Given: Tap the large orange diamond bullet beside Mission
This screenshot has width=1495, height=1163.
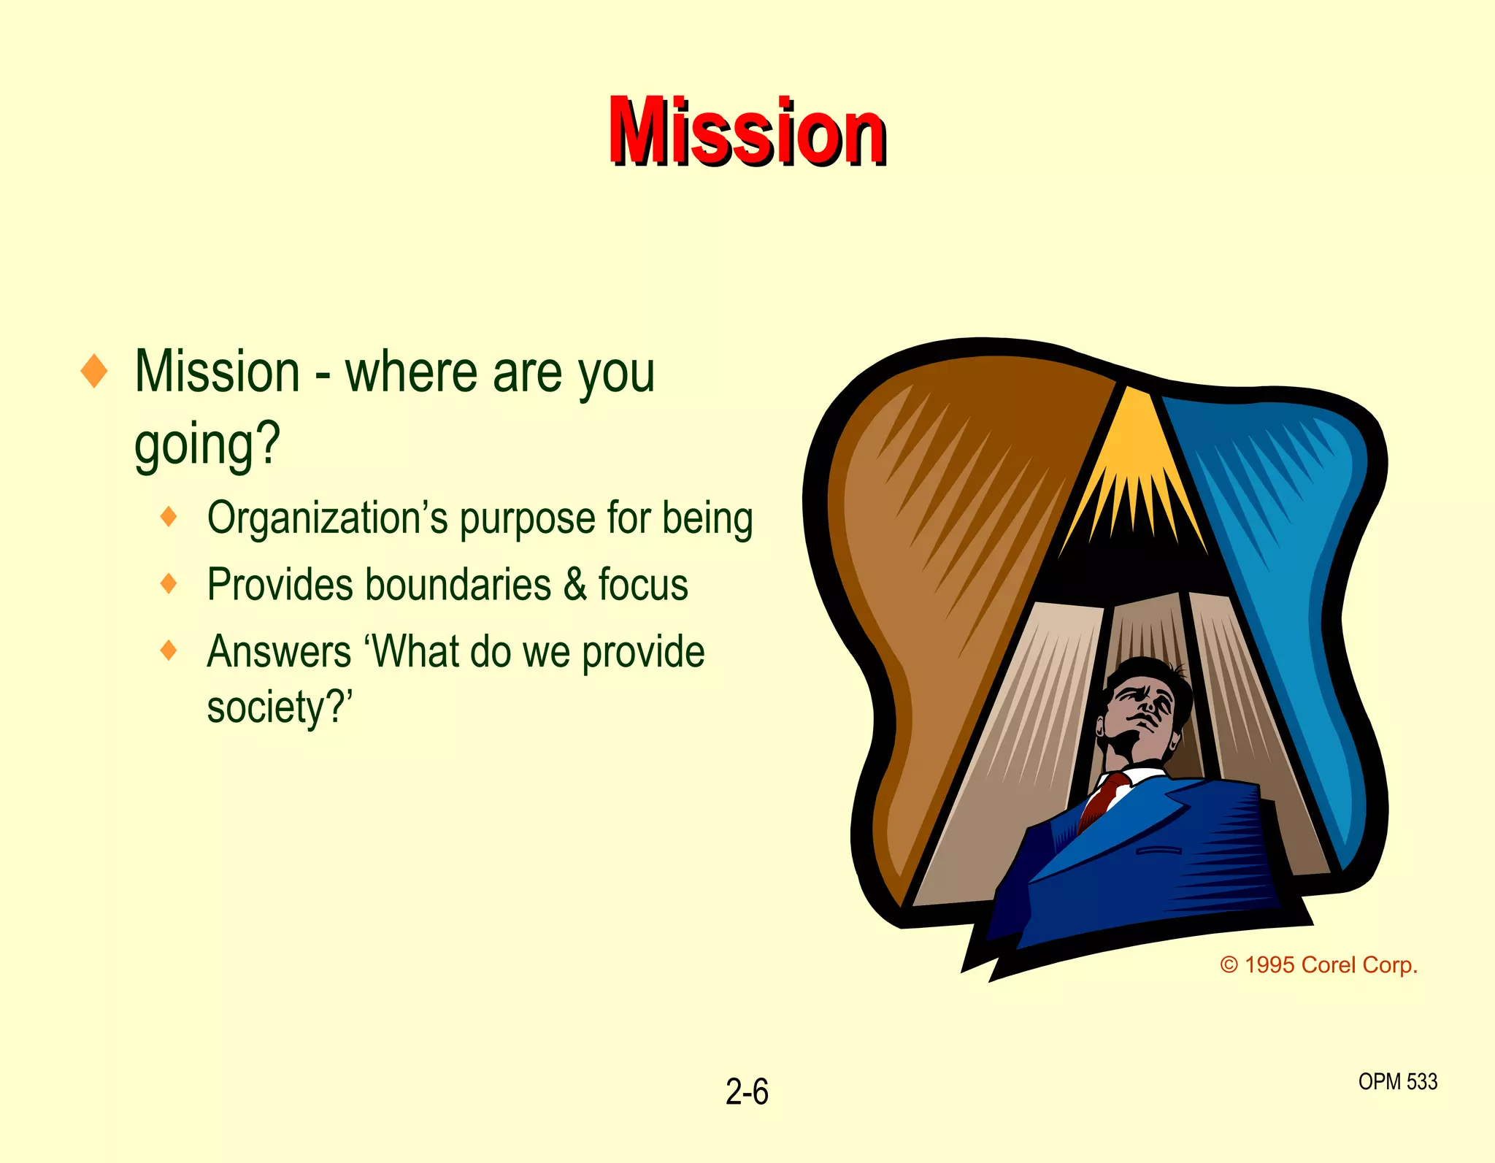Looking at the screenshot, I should point(94,371).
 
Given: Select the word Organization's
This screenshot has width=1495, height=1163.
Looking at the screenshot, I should point(327,518).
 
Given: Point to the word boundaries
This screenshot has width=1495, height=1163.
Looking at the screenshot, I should point(458,585).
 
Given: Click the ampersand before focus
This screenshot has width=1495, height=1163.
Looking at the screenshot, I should point(575,585).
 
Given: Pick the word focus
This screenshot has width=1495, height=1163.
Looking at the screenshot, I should point(643,585).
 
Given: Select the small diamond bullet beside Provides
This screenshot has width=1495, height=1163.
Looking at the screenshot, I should point(169,583).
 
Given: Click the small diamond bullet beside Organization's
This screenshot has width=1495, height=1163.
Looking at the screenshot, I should point(169,517).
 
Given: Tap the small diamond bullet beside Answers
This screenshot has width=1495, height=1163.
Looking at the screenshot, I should point(169,650).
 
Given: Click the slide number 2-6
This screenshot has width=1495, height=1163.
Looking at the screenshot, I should point(747,1092).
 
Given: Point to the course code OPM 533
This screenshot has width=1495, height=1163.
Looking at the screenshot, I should point(1397,1081).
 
